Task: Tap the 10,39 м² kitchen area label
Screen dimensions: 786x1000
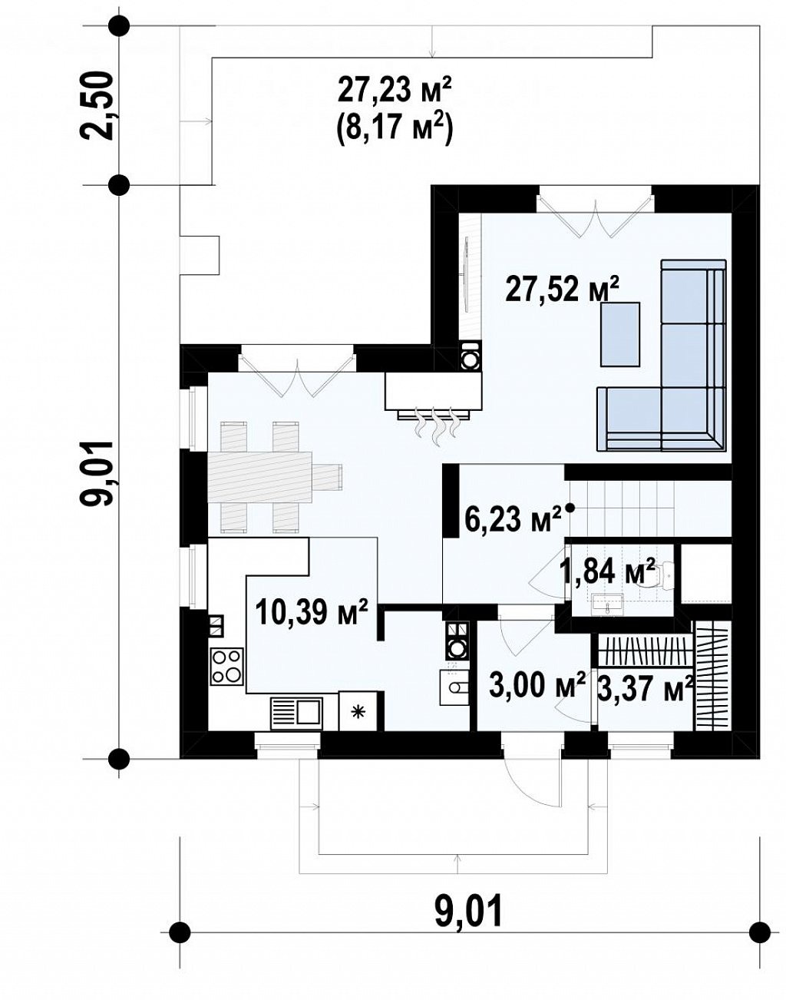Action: coord(312,612)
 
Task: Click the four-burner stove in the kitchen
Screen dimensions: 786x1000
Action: coord(227,667)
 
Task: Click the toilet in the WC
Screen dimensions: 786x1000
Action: coord(659,575)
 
